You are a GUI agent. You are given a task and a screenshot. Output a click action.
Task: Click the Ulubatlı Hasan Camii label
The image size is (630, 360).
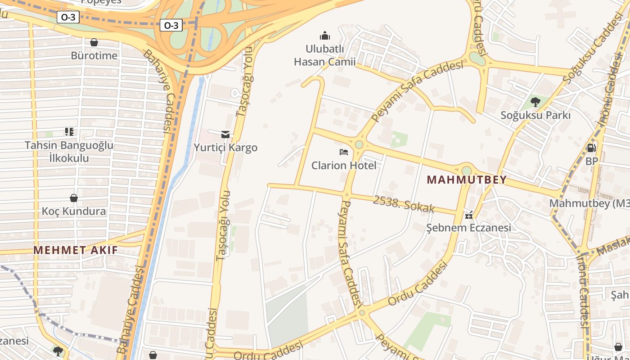(324, 55)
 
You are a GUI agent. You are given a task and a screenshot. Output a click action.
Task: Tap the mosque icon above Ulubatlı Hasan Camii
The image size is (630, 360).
(325, 36)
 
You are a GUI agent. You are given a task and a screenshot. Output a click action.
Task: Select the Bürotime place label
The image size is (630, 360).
(94, 55)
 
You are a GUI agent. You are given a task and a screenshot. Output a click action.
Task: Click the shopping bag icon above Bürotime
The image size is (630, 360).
(94, 42)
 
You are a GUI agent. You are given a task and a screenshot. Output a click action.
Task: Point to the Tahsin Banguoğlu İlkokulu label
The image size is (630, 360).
(69, 152)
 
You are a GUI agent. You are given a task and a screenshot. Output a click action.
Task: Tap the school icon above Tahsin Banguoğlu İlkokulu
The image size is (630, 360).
(69, 132)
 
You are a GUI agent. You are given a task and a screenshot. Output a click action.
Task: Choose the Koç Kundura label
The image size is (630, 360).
(74, 211)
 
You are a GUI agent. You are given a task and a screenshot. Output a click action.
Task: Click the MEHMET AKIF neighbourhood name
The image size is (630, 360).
(76, 250)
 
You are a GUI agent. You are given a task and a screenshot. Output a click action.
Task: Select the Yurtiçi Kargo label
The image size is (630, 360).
(225, 148)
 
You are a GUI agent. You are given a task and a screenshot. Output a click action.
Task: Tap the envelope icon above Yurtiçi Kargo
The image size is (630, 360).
(225, 134)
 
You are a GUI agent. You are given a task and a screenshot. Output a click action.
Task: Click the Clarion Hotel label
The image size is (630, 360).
(344, 165)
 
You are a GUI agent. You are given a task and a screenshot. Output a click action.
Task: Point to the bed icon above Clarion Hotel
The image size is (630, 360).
(344, 152)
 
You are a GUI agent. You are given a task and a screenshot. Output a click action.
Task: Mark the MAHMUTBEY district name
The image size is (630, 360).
(467, 180)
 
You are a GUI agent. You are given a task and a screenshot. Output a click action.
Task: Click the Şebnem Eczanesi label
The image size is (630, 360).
(468, 227)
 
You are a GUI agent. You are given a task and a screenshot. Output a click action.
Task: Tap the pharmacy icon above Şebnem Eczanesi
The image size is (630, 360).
(469, 215)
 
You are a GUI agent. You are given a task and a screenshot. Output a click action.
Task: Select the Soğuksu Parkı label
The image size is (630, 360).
(535, 115)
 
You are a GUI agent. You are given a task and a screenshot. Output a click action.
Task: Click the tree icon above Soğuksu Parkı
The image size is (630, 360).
(535, 102)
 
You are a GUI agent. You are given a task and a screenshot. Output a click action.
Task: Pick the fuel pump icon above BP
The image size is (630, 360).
(592, 148)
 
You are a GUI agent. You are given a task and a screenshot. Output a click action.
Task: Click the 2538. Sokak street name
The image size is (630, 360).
(403, 204)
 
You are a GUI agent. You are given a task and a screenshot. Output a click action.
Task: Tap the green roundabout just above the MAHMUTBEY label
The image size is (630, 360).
(467, 171)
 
